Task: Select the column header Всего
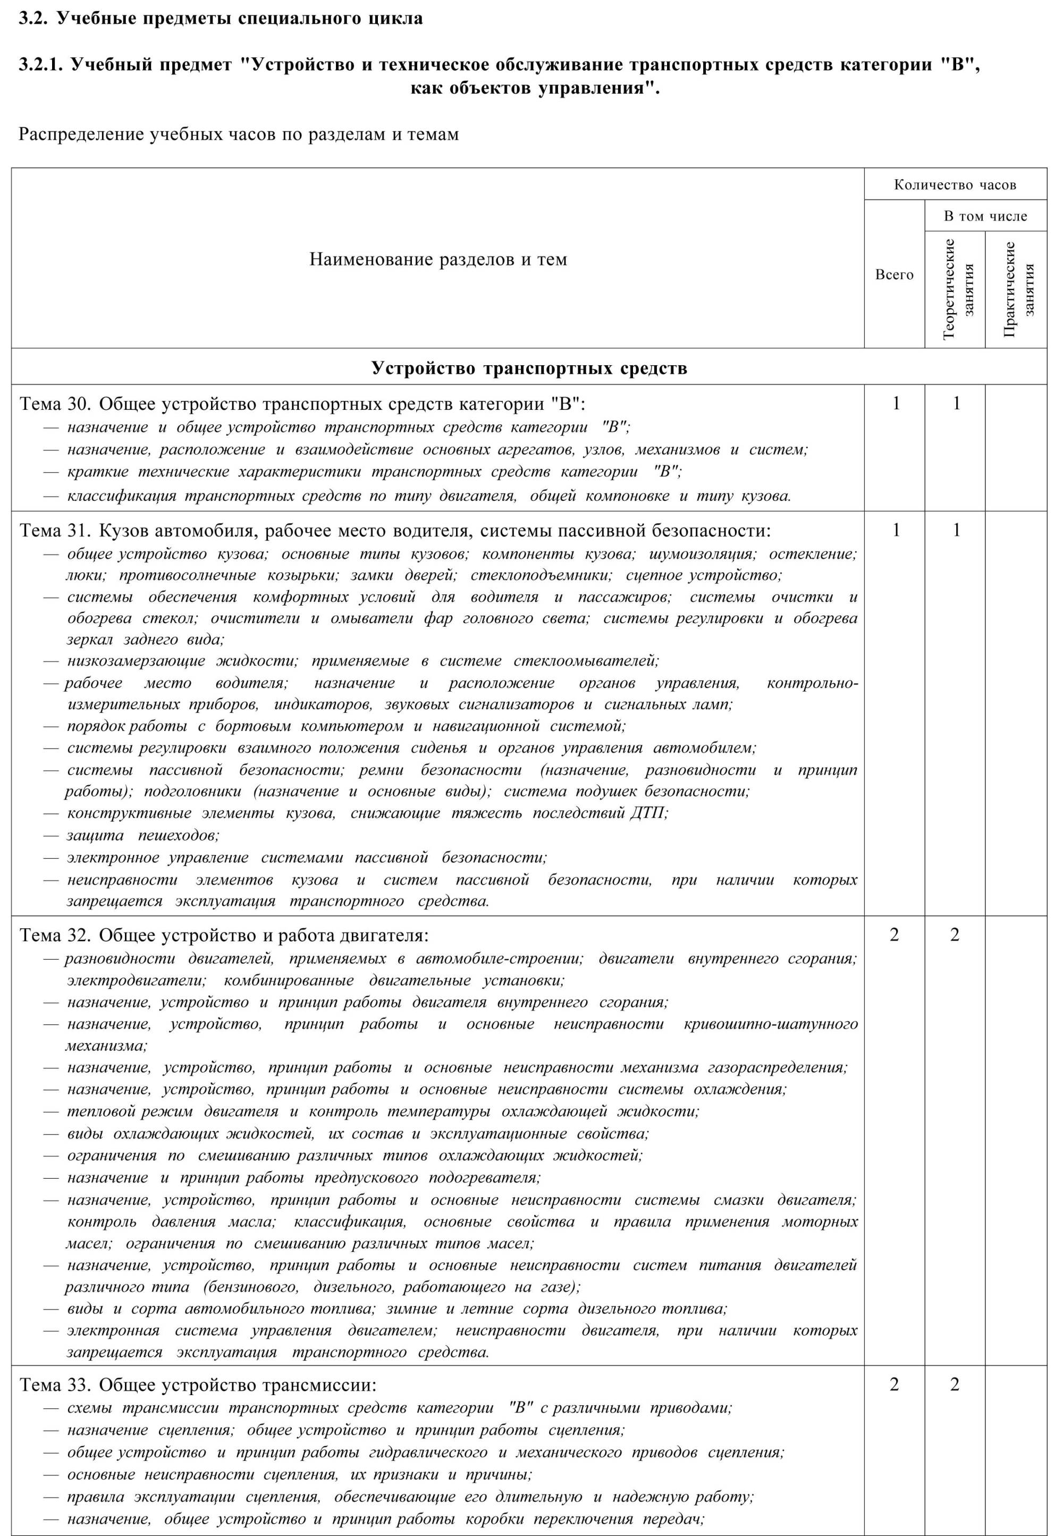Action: click(x=894, y=274)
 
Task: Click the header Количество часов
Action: click(x=955, y=184)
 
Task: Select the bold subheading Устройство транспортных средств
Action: click(x=529, y=368)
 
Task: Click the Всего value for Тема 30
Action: click(x=896, y=403)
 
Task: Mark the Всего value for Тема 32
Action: click(x=895, y=935)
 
